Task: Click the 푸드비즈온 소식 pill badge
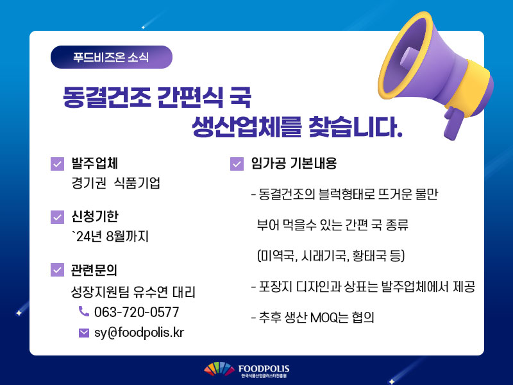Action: click(x=111, y=57)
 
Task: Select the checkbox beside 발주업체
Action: click(x=57, y=164)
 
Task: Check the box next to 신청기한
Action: click(x=57, y=217)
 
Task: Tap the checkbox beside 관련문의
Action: click(x=57, y=270)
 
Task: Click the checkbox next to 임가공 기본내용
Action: click(x=237, y=164)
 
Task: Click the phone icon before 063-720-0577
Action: click(x=84, y=311)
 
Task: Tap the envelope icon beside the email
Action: click(x=84, y=333)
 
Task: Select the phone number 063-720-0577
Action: click(x=137, y=312)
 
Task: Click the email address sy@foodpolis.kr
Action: click(x=139, y=332)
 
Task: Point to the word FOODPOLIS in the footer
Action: click(x=264, y=369)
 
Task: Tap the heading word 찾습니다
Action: click(x=355, y=126)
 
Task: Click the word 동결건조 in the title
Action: click(x=107, y=98)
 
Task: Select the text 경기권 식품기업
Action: click(x=116, y=183)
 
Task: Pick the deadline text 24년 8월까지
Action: click(x=112, y=236)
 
